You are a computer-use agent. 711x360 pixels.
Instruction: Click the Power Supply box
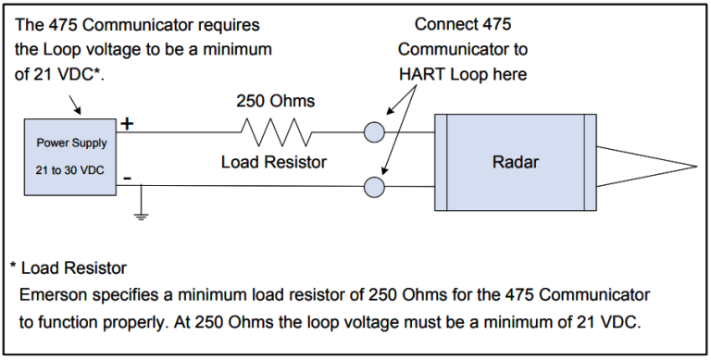pos(71,158)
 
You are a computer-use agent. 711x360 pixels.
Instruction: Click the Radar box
pos(515,162)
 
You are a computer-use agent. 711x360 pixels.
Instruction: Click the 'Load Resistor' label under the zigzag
pos(275,163)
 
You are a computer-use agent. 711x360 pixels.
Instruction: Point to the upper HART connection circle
pos(374,132)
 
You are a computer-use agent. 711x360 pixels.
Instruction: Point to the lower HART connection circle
pos(374,188)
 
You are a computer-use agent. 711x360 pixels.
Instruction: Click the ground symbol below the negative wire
pos(141,215)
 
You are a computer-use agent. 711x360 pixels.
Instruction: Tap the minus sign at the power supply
pos(127,177)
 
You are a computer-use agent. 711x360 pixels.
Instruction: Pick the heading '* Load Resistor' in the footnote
pos(70,268)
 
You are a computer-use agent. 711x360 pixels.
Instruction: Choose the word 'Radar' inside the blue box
pos(515,162)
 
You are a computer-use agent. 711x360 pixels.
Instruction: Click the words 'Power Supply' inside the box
pos(71,143)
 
